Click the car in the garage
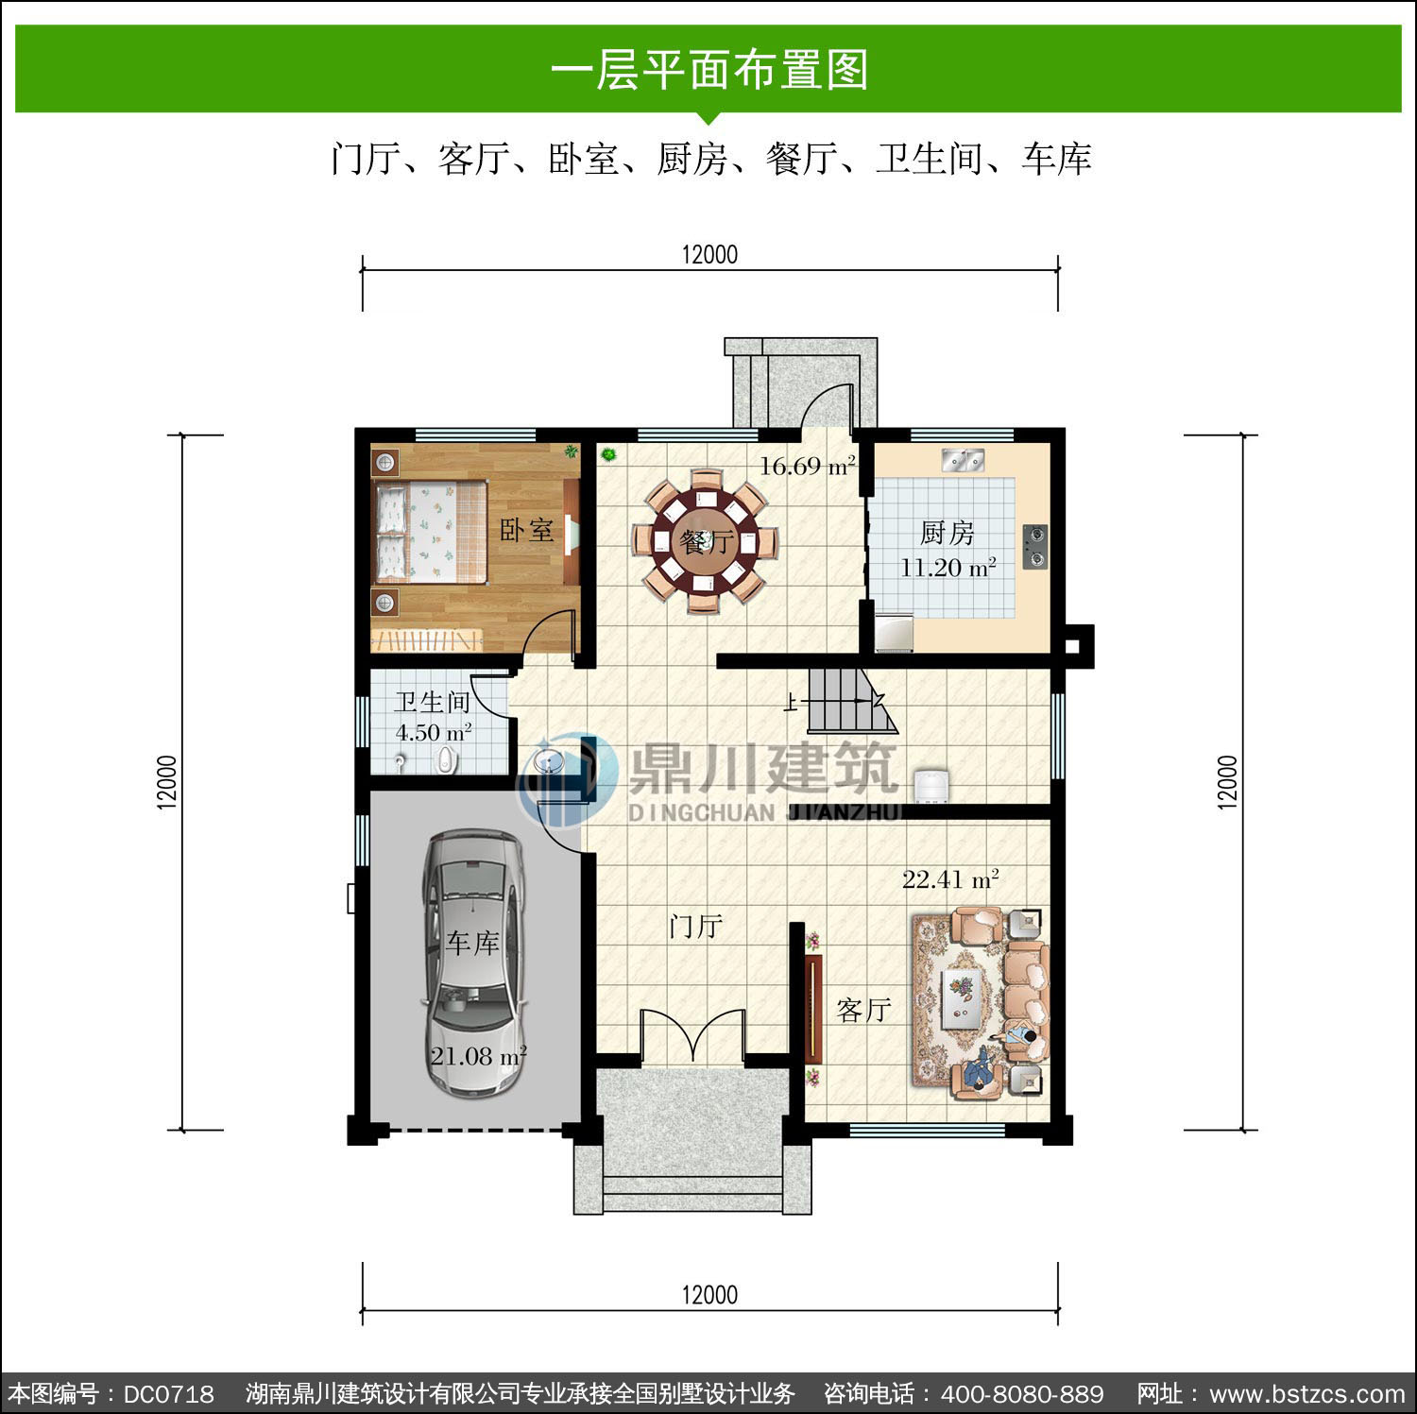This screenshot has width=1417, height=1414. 473,963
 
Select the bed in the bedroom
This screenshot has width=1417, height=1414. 431,531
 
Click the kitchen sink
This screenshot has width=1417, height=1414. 963,460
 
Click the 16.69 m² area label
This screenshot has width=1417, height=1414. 808,466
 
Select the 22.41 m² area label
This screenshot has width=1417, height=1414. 950,879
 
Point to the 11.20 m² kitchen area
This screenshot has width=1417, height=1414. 948,568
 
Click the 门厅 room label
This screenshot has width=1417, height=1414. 696,926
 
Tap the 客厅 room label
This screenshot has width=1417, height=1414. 864,1010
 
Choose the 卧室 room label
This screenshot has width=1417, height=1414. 527,530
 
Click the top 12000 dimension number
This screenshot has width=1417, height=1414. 709,254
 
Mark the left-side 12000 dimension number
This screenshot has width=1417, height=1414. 167,782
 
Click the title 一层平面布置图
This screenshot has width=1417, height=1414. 708,70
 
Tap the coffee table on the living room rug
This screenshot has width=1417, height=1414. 963,997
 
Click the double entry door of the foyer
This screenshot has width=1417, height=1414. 694,1036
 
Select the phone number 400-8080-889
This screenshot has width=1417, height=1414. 1022,1394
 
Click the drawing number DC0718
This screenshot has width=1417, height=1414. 169,1394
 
